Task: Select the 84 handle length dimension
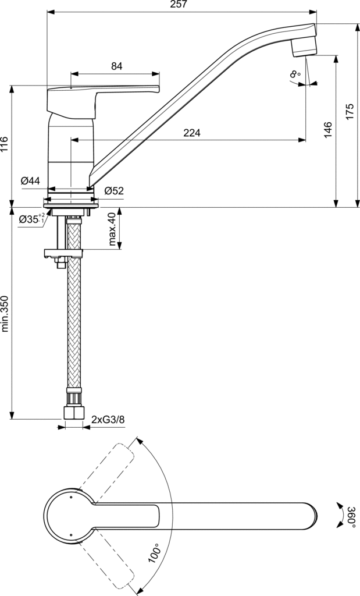pyautogui.click(x=116, y=66)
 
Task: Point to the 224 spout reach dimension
pyautogui.click(x=191, y=133)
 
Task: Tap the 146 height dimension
pyautogui.click(x=328, y=129)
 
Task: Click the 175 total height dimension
pyautogui.click(x=350, y=111)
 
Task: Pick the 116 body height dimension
pyautogui.click(x=5, y=144)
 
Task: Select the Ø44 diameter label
pyautogui.click(x=30, y=181)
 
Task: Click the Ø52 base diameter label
pyautogui.click(x=114, y=190)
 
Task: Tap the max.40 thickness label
pyautogui.click(x=113, y=229)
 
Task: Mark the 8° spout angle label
pyautogui.click(x=295, y=73)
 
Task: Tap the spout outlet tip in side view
pyautogui.click(x=304, y=49)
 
